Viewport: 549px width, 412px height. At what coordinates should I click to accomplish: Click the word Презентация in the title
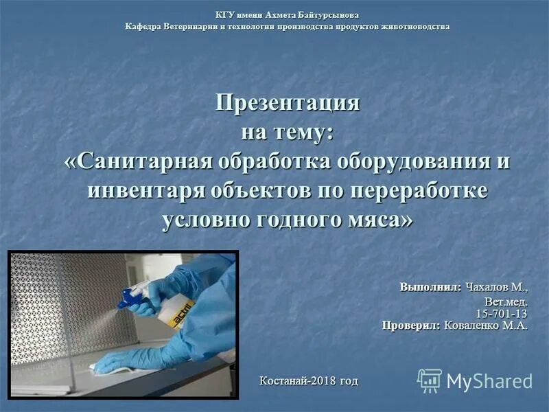288,103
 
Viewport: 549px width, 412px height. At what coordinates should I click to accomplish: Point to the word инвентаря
146,190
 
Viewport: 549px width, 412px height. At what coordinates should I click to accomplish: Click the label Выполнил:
431,286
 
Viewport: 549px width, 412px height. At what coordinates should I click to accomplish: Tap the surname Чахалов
491,286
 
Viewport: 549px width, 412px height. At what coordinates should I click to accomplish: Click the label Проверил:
412,325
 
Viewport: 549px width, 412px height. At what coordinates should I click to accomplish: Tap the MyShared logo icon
430,380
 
